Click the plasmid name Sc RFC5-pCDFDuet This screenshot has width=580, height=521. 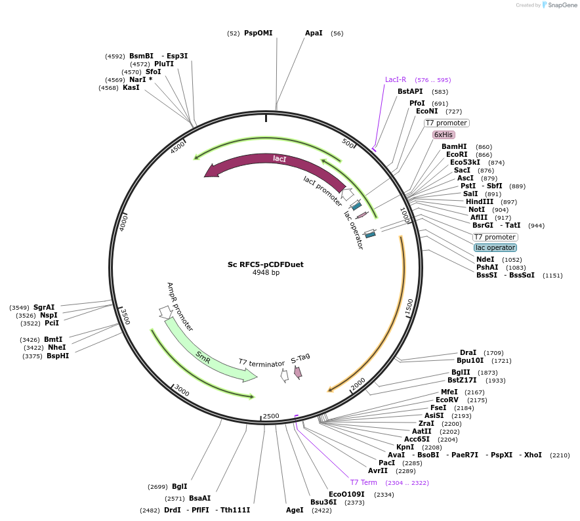(x=265, y=264)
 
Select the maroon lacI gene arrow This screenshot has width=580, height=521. (x=276, y=164)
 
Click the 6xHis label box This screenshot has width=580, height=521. (x=444, y=135)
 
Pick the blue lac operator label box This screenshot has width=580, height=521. (x=495, y=247)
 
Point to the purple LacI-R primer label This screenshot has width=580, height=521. (x=396, y=80)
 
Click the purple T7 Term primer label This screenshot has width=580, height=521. (x=363, y=482)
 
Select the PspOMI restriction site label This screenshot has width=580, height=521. (x=258, y=33)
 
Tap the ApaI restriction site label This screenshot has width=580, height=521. (x=314, y=33)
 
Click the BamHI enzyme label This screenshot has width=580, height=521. (x=454, y=146)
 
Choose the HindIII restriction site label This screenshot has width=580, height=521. (x=479, y=201)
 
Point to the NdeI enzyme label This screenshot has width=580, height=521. (x=486, y=259)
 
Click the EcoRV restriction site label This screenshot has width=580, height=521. (x=447, y=400)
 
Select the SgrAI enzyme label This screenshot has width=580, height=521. (x=44, y=307)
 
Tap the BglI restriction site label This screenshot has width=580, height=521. (x=179, y=486)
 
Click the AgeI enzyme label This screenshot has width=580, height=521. (x=295, y=510)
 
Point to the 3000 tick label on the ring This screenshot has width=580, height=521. (x=182, y=392)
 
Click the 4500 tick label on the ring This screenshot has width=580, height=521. (x=178, y=147)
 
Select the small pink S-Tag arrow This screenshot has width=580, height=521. (x=298, y=372)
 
